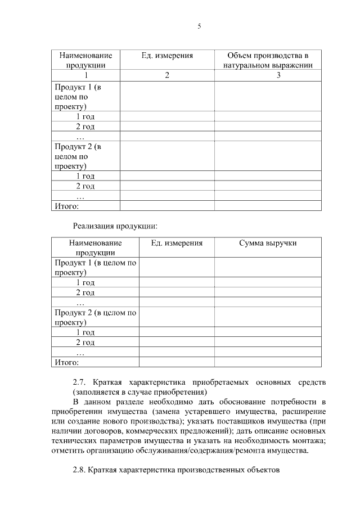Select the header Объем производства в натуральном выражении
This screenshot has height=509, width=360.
pyautogui.click(x=267, y=60)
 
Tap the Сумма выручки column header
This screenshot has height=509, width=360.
pyautogui.click(x=267, y=243)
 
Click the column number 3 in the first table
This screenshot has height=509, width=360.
pyautogui.click(x=278, y=75)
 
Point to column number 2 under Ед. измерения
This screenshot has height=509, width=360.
pyautogui.click(x=166, y=75)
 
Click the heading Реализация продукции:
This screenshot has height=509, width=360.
pyautogui.click(x=115, y=226)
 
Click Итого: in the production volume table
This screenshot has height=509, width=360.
pyautogui.click(x=66, y=206)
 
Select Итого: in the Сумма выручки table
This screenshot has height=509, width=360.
pyautogui.click(x=66, y=362)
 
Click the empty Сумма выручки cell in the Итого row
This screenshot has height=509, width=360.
pyautogui.click(x=267, y=362)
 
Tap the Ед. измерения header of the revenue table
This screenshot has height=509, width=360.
pyautogui.click(x=177, y=243)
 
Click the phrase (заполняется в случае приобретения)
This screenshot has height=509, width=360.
pyautogui.click(x=140, y=392)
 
